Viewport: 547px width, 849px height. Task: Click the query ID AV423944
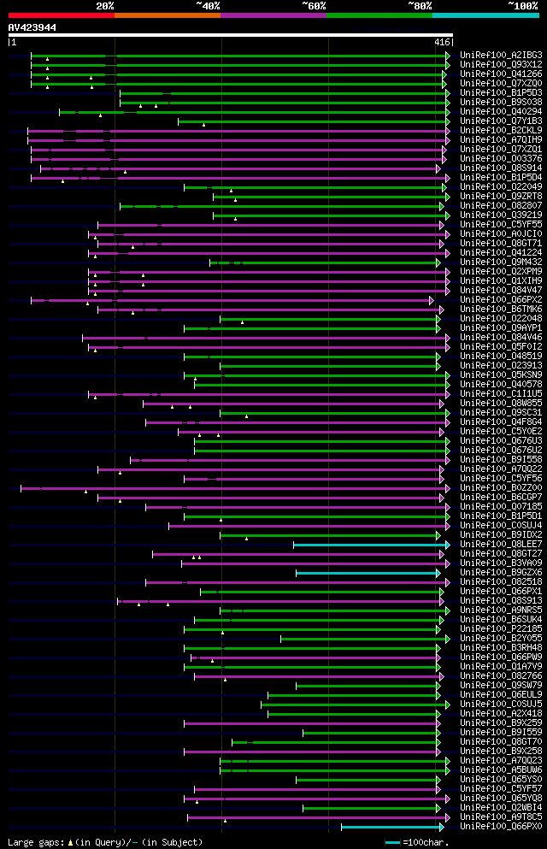click(32, 27)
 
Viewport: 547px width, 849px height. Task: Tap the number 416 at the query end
click(442, 42)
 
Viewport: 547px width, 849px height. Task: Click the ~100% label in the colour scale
click(522, 5)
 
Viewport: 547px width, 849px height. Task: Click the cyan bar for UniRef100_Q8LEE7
click(370, 545)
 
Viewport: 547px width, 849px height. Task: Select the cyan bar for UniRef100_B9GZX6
click(368, 573)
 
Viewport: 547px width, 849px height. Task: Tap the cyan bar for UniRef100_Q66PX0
click(391, 827)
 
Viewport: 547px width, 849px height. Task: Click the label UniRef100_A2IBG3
click(501, 56)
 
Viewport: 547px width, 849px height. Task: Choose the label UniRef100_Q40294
click(501, 112)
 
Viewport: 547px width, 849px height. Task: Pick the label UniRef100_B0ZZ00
click(501, 488)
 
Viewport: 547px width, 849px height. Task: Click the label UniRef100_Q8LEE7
click(501, 545)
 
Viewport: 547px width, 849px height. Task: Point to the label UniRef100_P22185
click(501, 629)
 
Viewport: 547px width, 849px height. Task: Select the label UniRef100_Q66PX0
click(501, 827)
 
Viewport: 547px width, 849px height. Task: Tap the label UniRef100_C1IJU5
click(501, 394)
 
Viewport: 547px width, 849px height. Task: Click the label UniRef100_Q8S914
click(501, 168)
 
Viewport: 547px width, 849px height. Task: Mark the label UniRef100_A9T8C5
click(501, 817)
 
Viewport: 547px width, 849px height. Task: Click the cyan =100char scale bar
click(393, 842)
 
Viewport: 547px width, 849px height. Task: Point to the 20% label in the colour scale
click(105, 5)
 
